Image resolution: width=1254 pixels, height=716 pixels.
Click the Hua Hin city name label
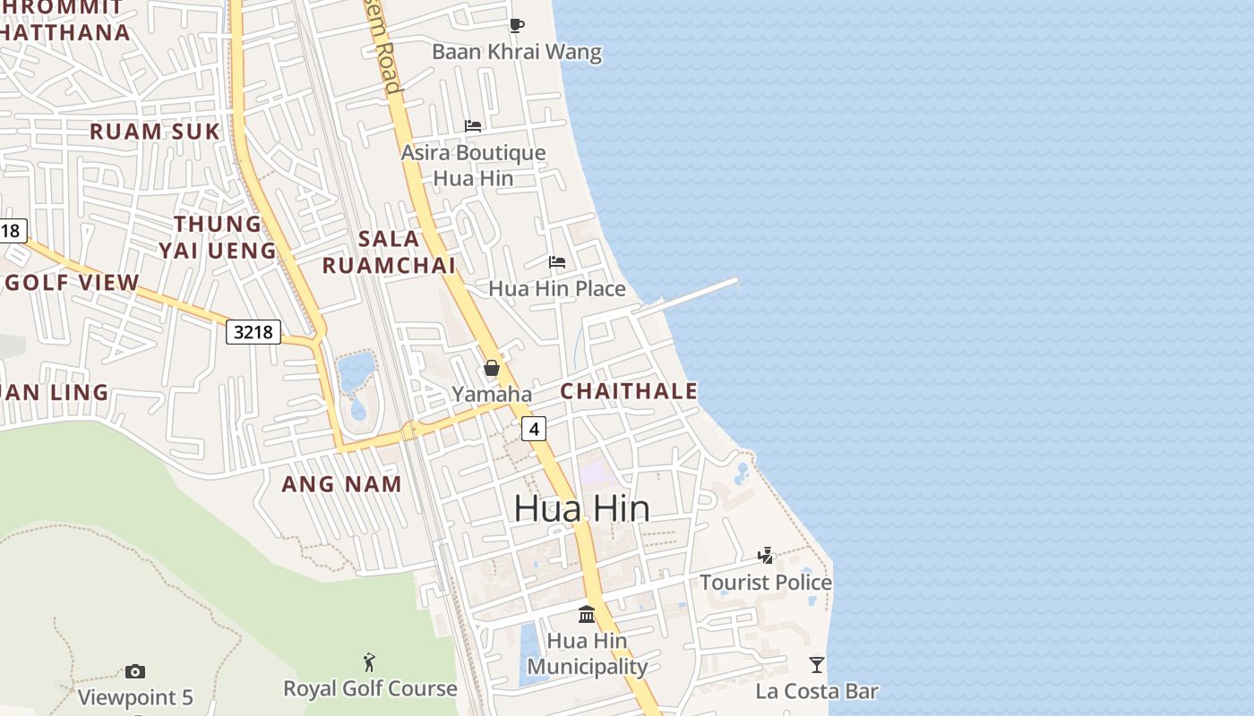[x=582, y=508]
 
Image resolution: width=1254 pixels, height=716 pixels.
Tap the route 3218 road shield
[x=253, y=333]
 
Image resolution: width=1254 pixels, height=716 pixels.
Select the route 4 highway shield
[x=534, y=429]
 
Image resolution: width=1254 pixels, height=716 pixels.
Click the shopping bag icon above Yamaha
[x=492, y=368]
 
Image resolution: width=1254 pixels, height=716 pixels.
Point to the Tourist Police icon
[x=766, y=556]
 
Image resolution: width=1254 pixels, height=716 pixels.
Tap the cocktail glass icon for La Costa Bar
[x=817, y=664]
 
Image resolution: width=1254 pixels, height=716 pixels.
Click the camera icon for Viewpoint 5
[x=135, y=671]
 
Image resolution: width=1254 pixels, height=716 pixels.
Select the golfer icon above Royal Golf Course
[x=369, y=662]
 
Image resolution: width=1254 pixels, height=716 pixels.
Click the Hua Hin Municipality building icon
[x=587, y=614]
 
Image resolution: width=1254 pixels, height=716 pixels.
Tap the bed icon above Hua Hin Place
[x=557, y=262]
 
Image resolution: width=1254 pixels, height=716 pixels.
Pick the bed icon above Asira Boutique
[x=473, y=126]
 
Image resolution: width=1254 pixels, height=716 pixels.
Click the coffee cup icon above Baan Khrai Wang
[x=516, y=25]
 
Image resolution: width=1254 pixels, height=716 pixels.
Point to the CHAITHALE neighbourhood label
[x=629, y=391]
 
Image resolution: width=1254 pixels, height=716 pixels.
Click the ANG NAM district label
[x=341, y=484]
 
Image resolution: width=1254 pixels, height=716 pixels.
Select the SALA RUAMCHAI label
[x=389, y=251]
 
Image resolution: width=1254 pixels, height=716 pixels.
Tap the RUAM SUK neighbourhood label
[x=154, y=132]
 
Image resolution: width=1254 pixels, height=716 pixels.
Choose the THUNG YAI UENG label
[x=218, y=236]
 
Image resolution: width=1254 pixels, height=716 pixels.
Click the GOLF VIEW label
[x=72, y=283]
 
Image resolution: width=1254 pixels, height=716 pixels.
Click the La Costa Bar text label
[x=817, y=691]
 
